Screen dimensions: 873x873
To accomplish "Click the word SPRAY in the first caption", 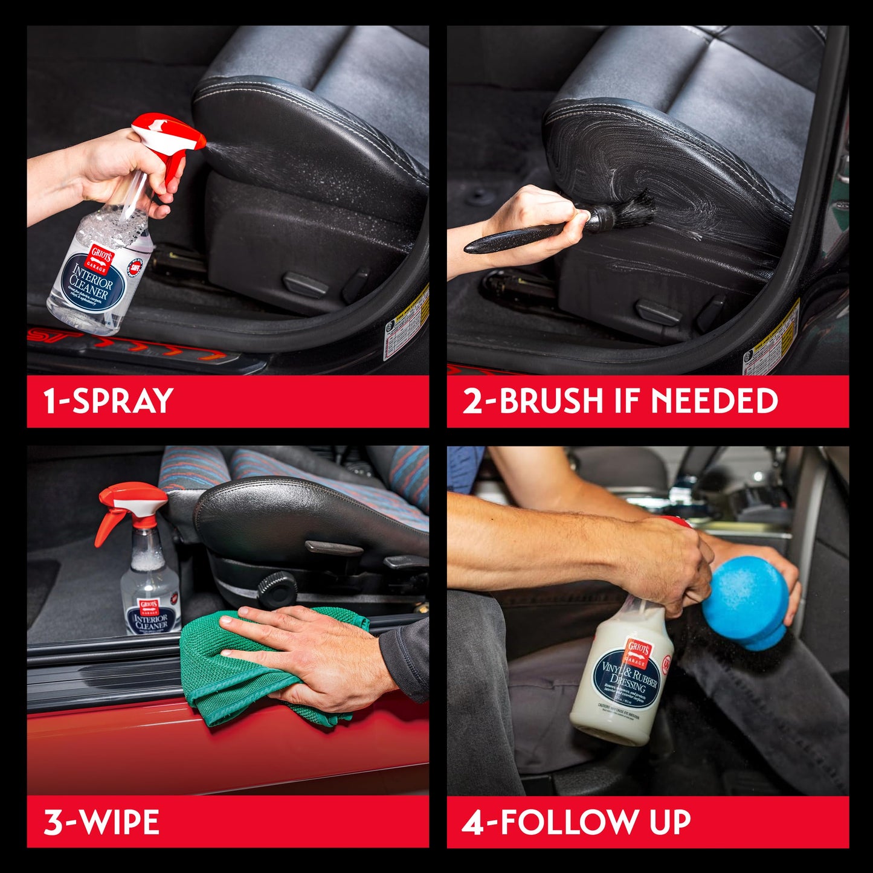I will [x=123, y=401].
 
